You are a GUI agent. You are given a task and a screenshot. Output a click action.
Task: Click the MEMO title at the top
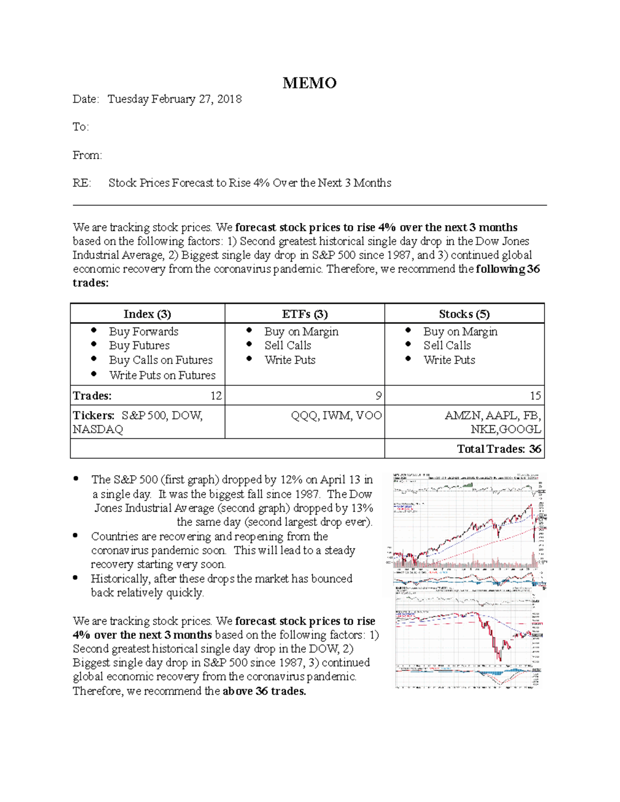coord(309,83)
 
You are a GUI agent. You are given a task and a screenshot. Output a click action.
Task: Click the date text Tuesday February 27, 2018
coord(174,99)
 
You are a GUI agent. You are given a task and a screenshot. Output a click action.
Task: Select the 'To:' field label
coord(81,127)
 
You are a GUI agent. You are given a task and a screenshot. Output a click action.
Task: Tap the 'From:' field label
coord(87,155)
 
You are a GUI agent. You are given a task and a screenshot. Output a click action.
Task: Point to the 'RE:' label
coord(82,183)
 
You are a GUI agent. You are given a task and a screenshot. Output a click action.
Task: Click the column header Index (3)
coord(147,314)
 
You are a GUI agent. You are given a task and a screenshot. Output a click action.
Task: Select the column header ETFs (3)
coord(304,314)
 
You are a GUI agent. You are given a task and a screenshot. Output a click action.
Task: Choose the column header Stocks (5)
coord(464,314)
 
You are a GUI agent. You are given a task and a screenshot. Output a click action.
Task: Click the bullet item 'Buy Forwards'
coord(143,332)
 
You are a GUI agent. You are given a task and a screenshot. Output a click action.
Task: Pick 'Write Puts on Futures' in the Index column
coord(162,375)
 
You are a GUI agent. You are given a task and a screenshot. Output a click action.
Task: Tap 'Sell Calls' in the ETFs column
coord(287,345)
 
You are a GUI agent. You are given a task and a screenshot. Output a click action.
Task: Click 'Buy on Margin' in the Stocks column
coord(460,332)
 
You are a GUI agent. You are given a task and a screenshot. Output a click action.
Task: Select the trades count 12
coord(215,396)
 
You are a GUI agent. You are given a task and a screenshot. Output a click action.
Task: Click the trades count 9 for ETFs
coord(378,396)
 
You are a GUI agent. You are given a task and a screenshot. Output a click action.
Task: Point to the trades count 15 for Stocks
coord(535,396)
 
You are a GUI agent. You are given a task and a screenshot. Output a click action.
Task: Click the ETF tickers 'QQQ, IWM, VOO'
coord(336,416)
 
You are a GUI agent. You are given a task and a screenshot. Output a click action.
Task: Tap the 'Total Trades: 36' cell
coord(499,449)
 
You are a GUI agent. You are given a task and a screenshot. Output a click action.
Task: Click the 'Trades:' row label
coord(92,396)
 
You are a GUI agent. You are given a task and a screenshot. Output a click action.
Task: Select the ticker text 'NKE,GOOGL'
coord(505,430)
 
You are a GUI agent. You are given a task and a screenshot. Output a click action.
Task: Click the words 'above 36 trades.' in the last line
coord(264,691)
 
